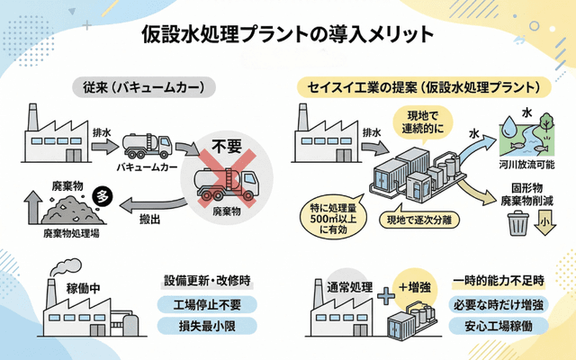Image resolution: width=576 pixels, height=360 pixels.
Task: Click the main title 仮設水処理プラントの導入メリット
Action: pyautogui.click(x=288, y=34)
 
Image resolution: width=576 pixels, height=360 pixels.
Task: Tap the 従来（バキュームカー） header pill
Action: pyautogui.click(x=144, y=88)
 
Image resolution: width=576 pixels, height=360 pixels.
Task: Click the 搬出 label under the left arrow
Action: pyautogui.click(x=151, y=219)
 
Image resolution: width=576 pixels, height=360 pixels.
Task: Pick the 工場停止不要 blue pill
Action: pyautogui.click(x=206, y=304)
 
